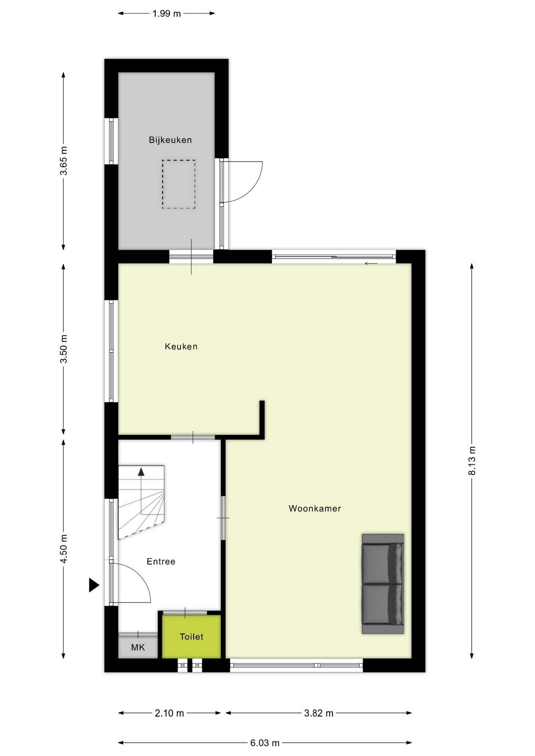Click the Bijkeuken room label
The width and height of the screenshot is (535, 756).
point(170,140)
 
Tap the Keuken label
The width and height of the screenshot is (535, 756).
point(181,346)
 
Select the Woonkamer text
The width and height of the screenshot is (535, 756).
point(315,508)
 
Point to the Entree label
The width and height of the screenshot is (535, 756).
point(161,561)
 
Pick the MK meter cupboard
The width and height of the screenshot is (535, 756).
point(138,647)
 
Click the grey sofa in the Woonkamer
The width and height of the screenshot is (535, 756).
point(383,584)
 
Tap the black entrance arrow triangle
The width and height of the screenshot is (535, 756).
point(93,585)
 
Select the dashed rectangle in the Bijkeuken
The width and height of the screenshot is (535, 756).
point(178,184)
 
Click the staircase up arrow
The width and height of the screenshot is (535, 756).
point(141,472)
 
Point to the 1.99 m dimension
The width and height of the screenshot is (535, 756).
point(166,14)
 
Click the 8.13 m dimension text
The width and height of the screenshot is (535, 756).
point(472,461)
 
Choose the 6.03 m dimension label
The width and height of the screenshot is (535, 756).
point(265,743)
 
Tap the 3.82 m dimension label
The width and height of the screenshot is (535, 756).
point(319,713)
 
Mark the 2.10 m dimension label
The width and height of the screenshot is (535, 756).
point(169,713)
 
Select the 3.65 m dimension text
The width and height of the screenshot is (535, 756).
point(63,161)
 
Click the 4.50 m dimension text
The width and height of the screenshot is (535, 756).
point(63,549)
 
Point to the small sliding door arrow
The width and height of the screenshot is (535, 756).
point(371,263)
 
